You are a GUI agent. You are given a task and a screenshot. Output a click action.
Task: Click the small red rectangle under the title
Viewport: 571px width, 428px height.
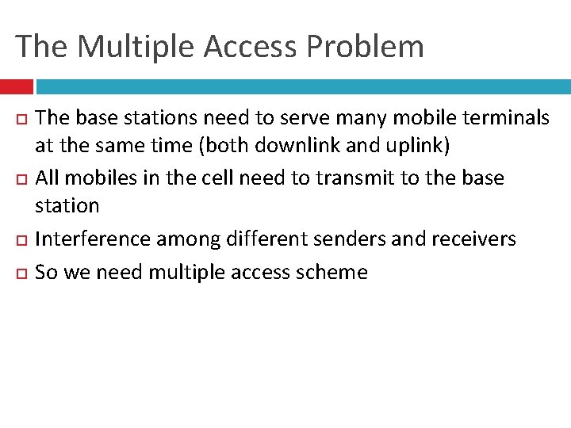(x=16, y=86)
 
